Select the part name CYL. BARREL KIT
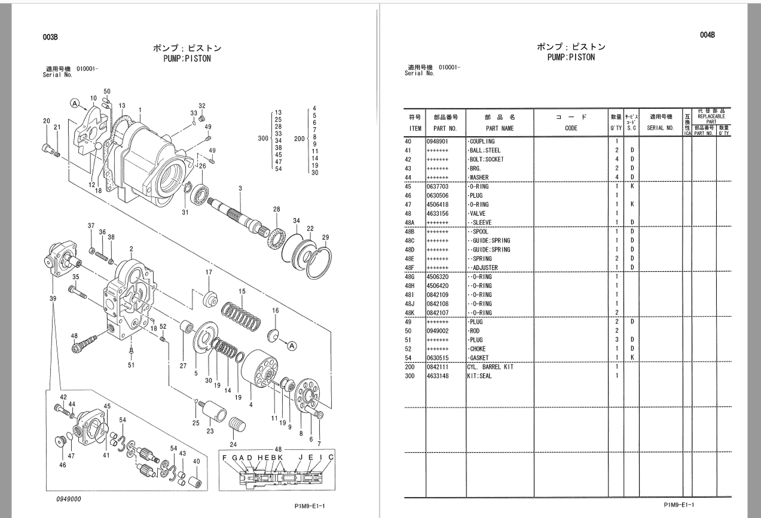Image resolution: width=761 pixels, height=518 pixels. [490, 367]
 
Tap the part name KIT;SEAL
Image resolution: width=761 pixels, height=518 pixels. [479, 376]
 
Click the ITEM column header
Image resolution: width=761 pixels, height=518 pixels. [415, 128]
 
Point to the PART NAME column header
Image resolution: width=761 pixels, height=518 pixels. [500, 128]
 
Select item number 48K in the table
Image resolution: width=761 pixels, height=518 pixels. [410, 312]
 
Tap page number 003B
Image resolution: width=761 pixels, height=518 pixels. [50, 37]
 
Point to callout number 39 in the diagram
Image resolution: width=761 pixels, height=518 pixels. [54, 298]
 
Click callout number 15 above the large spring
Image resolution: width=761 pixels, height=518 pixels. [242, 292]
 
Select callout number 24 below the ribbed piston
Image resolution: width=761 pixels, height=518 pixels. [233, 444]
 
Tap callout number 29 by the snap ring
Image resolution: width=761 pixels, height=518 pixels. [325, 238]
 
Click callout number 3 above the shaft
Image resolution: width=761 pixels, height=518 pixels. [240, 188]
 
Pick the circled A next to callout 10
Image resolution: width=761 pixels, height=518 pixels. [75, 103]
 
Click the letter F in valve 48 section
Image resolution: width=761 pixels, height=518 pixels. [224, 458]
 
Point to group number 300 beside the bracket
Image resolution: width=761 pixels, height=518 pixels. [262, 139]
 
